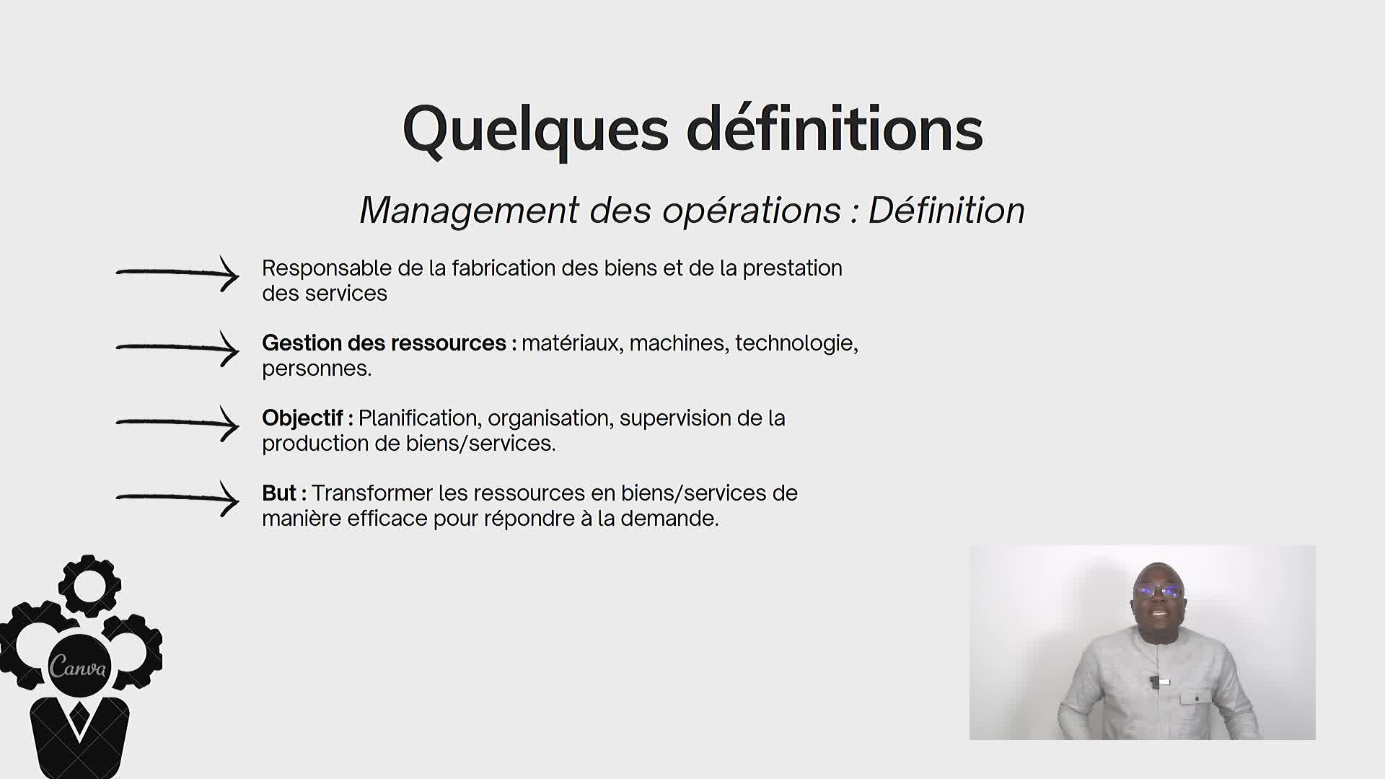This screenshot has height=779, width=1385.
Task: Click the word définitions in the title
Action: [835, 128]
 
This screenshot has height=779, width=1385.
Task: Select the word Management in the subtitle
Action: [469, 211]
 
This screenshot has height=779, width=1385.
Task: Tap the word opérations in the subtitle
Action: [752, 211]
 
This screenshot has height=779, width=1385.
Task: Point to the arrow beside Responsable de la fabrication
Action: [177, 273]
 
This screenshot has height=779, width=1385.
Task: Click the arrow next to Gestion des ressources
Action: [177, 348]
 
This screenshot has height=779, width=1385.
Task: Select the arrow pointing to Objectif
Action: [177, 423]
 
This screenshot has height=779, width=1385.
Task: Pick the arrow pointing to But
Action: [177, 498]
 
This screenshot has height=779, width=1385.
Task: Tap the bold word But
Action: [279, 493]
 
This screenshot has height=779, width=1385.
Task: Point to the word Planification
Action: [418, 418]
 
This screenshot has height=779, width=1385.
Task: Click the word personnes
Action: [317, 369]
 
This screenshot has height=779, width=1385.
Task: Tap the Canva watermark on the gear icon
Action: [78, 667]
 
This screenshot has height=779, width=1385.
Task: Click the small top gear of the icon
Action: [89, 585]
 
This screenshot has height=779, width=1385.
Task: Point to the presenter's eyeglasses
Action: [1158, 591]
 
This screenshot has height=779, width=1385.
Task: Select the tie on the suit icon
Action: [79, 719]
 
